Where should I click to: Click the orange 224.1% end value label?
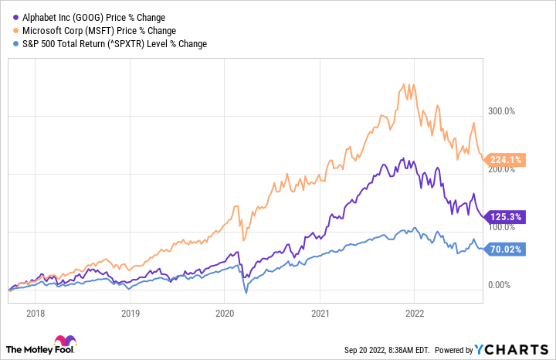(506, 160)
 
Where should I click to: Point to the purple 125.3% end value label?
(506, 217)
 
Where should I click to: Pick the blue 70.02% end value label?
(506, 250)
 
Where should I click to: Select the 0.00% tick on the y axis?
(500, 285)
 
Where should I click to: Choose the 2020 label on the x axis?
(225, 314)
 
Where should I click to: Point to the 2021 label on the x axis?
(320, 314)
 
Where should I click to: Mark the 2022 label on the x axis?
(415, 314)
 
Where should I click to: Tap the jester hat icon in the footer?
(63, 341)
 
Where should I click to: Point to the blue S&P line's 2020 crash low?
(246, 292)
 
